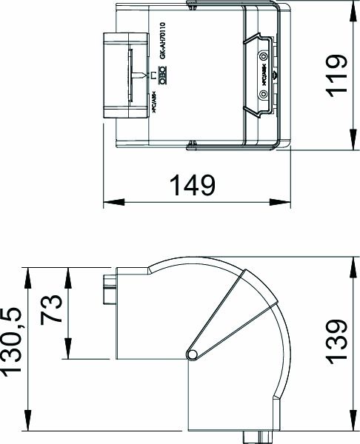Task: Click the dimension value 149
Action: click(x=195, y=183)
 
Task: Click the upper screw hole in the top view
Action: click(x=264, y=57)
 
